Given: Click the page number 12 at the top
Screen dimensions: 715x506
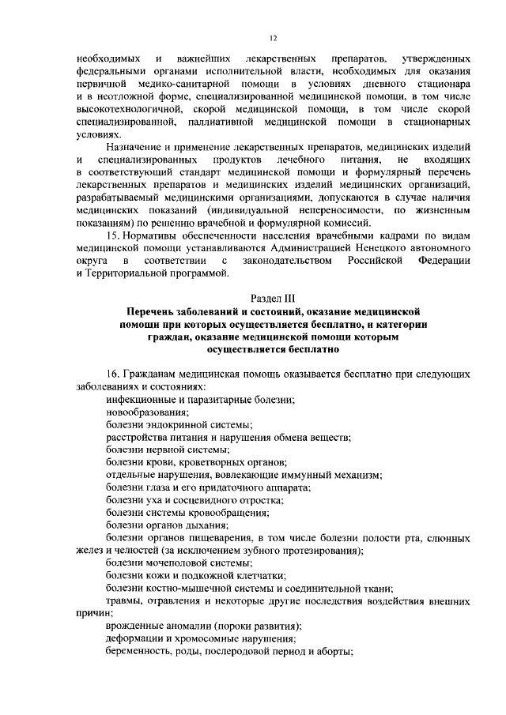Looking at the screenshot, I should tap(272, 38).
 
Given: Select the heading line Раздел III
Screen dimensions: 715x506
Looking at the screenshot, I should tap(272, 299).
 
